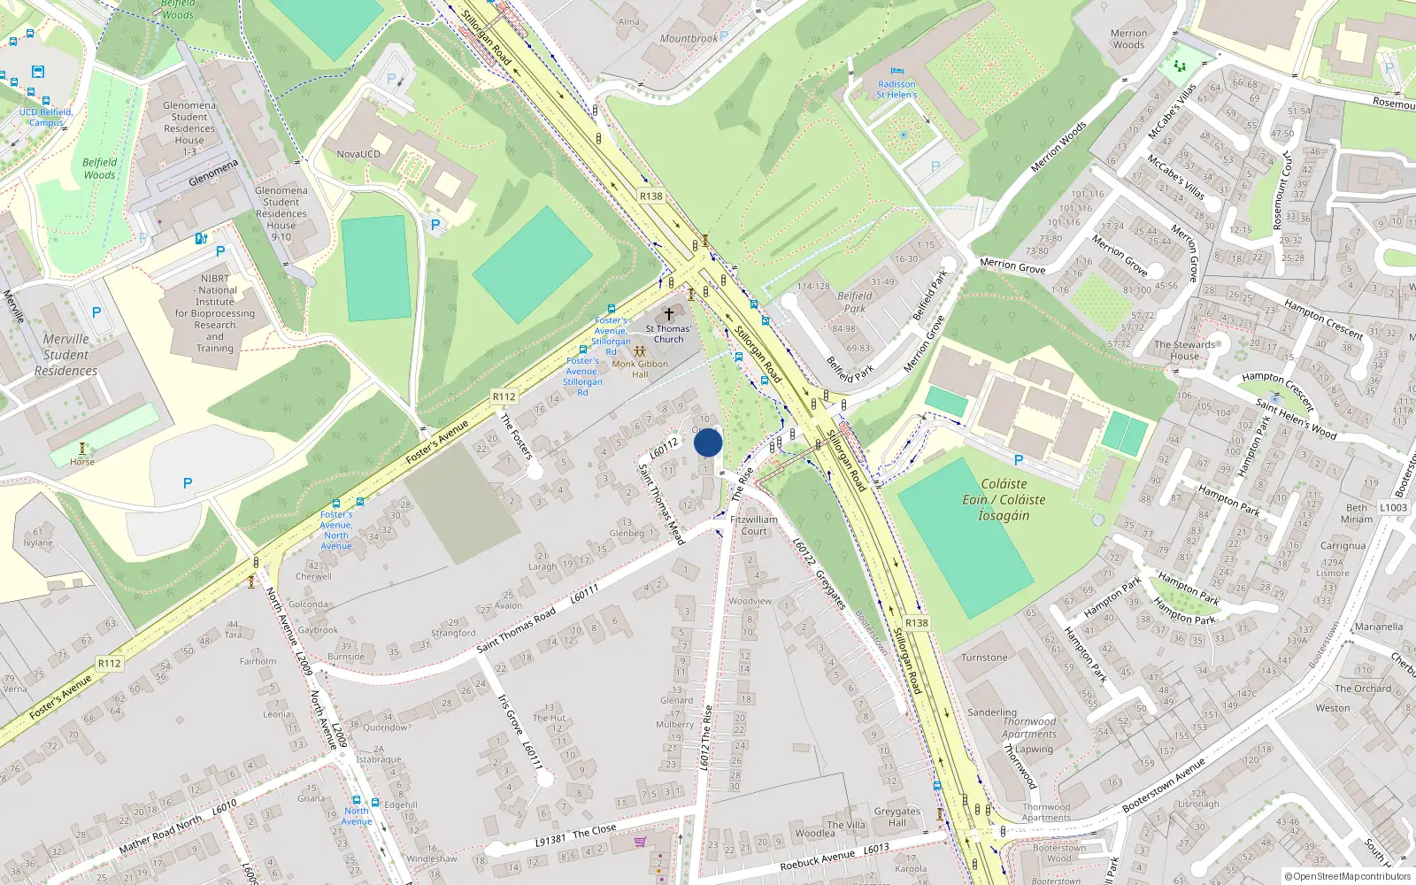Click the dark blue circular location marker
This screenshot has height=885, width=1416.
pos(708,442)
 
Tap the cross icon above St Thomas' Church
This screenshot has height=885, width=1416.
pos(669,314)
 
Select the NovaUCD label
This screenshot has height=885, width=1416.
pos(358,154)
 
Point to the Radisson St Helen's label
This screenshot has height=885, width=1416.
pos(897,89)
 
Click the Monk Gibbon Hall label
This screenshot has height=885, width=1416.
pos(640,368)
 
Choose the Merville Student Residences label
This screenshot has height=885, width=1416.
pos(65,355)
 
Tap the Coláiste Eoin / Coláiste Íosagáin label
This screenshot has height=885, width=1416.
pos(1004,500)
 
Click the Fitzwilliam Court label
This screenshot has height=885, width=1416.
pos(754,526)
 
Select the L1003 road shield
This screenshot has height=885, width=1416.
pos(1393,507)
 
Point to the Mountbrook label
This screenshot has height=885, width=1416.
pos(689,39)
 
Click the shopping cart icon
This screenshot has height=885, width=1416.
pos(640,842)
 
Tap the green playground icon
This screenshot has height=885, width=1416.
pos(1179,65)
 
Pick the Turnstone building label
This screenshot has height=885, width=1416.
pos(984,658)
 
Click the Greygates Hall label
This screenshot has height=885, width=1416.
pos(897,817)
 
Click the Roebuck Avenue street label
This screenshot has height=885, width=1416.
pos(818,859)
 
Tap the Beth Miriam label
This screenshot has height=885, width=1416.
pos(1356,513)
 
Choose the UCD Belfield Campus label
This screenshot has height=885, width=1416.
pos(46,118)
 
